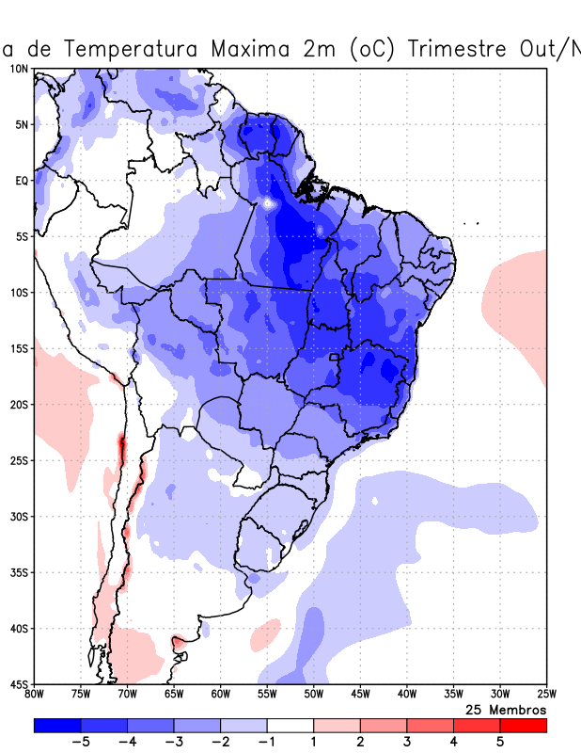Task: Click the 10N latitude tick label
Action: [x=19, y=69]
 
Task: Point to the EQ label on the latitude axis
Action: [x=21, y=181]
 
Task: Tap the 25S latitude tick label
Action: [x=19, y=460]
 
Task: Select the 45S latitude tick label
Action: [x=19, y=683]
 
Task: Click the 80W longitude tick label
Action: [x=35, y=695]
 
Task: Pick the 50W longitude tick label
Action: [x=314, y=695]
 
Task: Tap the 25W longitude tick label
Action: [x=545, y=695]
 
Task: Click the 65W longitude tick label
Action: [x=174, y=695]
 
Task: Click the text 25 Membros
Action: [x=506, y=709]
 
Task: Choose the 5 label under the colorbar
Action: [x=500, y=743]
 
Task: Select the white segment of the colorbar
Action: [x=290, y=726]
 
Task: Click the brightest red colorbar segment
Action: [x=524, y=726]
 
